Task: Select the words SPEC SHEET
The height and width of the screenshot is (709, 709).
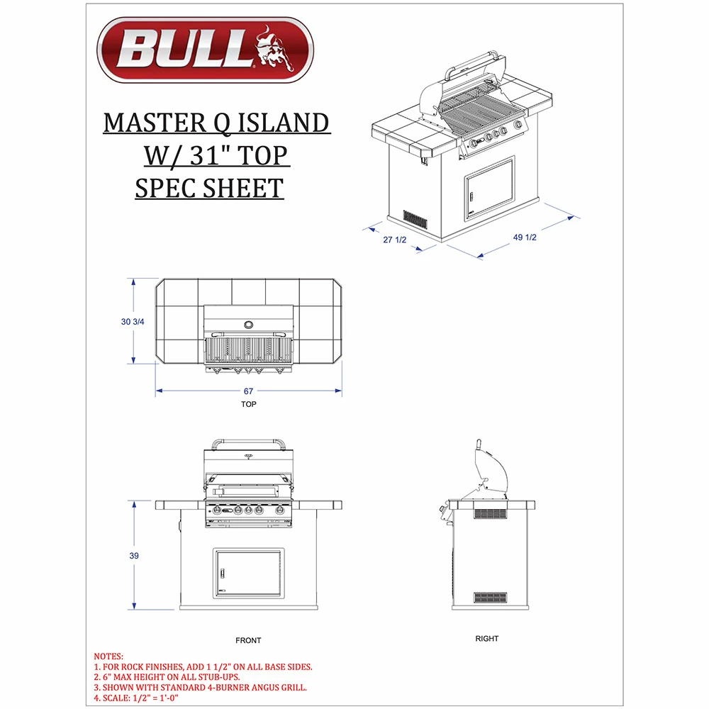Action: click(209, 188)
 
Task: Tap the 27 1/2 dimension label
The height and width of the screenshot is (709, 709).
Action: click(394, 240)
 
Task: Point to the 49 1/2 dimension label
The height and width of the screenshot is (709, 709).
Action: click(525, 238)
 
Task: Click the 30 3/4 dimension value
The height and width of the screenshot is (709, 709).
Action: click(133, 322)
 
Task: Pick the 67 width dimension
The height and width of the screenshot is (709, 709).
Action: click(248, 391)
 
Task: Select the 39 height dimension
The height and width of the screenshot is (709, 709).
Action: click(133, 556)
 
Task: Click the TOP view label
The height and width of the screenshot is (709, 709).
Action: click(248, 404)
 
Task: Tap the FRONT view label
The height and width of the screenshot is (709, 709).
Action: click(248, 640)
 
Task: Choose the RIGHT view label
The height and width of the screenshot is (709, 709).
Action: click(487, 639)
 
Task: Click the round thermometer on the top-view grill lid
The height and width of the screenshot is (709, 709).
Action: click(249, 325)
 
